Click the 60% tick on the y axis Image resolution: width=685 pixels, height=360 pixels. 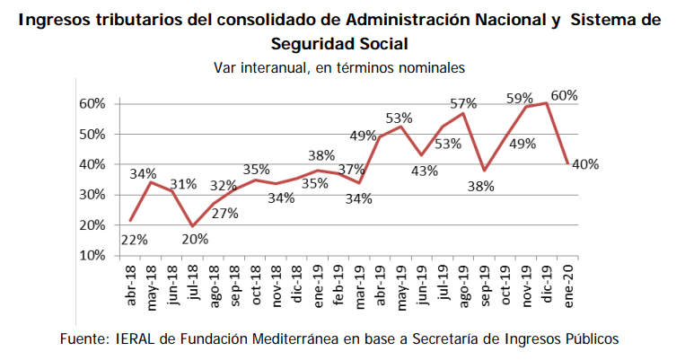92,104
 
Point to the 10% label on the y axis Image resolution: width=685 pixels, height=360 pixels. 92,256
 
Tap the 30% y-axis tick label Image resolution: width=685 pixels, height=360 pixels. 92,195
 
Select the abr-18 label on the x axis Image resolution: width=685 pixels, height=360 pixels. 131,285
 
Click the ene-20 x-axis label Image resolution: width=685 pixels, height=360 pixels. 568,285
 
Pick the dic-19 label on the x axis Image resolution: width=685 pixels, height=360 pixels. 548,284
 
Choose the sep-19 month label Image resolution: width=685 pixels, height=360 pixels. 485,285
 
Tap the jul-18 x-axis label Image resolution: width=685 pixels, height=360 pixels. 194,283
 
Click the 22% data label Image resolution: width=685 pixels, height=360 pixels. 134,240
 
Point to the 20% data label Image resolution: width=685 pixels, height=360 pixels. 196,239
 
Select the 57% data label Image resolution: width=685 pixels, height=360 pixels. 463,103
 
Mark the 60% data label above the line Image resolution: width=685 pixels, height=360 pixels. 565,95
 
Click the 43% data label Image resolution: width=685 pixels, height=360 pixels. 424,171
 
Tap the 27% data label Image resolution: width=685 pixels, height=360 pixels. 225,213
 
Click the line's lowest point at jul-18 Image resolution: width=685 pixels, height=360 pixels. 193,226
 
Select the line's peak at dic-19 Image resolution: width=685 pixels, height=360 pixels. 547,103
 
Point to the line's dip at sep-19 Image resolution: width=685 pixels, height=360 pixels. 485,171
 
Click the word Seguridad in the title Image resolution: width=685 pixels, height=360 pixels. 312,44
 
